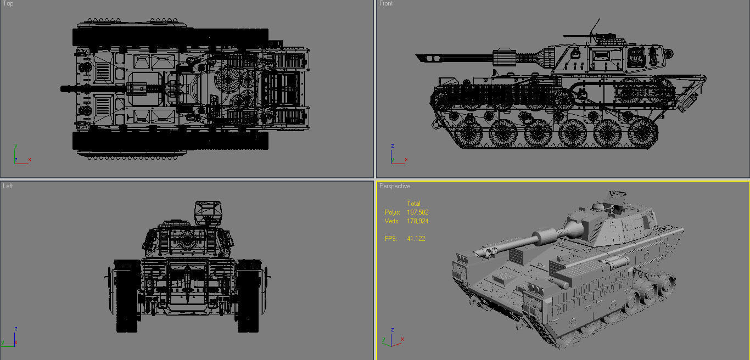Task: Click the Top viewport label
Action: click(x=8, y=4)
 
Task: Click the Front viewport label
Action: click(x=386, y=4)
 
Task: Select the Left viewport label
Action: click(x=8, y=186)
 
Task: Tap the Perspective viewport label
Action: click(x=394, y=186)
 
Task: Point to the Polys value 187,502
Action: click(x=417, y=212)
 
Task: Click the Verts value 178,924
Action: click(x=417, y=221)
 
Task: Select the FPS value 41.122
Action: click(x=416, y=239)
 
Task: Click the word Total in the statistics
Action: click(x=413, y=204)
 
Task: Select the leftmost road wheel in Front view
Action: click(x=472, y=132)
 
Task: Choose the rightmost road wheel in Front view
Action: click(x=642, y=132)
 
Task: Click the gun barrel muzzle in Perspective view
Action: click(x=476, y=253)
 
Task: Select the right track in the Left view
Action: click(x=248, y=296)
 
